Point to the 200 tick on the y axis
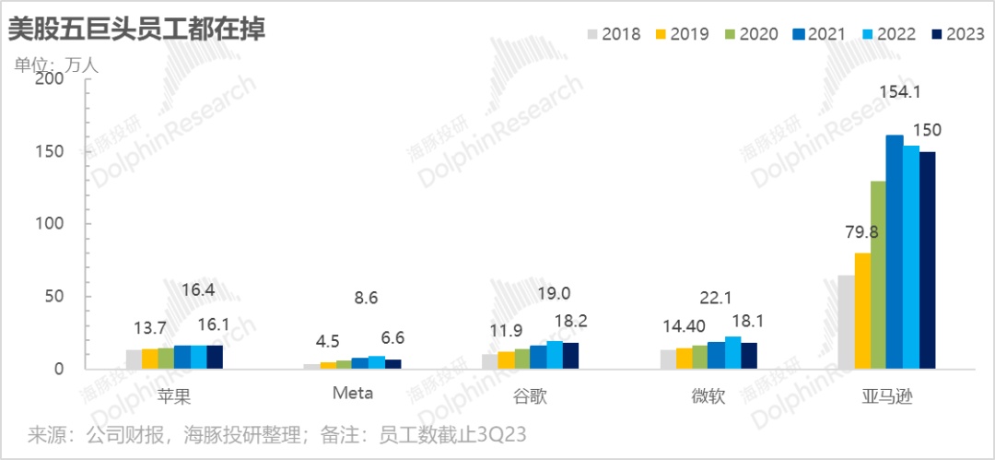49,79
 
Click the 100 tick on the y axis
49,224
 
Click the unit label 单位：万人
54,65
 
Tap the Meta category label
353,394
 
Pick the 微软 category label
708,395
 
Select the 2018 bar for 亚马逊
846,322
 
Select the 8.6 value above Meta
366,298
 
